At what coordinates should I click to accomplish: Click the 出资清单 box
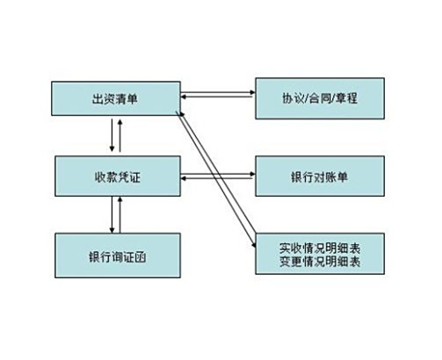coord(116,98)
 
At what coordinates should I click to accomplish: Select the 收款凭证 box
coord(118,176)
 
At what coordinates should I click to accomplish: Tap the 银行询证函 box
coord(118,256)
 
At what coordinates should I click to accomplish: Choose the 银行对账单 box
coord(320,176)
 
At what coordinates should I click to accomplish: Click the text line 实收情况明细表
coord(320,248)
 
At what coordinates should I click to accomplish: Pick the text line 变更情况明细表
coord(320,261)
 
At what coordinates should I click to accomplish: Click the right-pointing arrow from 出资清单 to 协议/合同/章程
coord(218,92)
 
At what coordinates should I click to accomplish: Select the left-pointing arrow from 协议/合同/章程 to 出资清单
coord(218,97)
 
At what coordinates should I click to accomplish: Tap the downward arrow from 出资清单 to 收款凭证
coord(112,135)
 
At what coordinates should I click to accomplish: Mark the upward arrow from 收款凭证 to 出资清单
coord(120,135)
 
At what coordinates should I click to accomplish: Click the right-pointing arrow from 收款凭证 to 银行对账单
coord(218,174)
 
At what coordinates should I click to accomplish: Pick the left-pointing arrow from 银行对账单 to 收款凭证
coord(218,178)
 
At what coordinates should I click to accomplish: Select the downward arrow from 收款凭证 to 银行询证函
coord(112,214)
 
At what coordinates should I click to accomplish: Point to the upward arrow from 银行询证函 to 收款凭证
coord(120,214)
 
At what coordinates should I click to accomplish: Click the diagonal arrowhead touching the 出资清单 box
coord(182,114)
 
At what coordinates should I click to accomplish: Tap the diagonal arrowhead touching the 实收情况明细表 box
coord(254,245)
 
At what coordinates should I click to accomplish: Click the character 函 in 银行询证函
coord(141,257)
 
